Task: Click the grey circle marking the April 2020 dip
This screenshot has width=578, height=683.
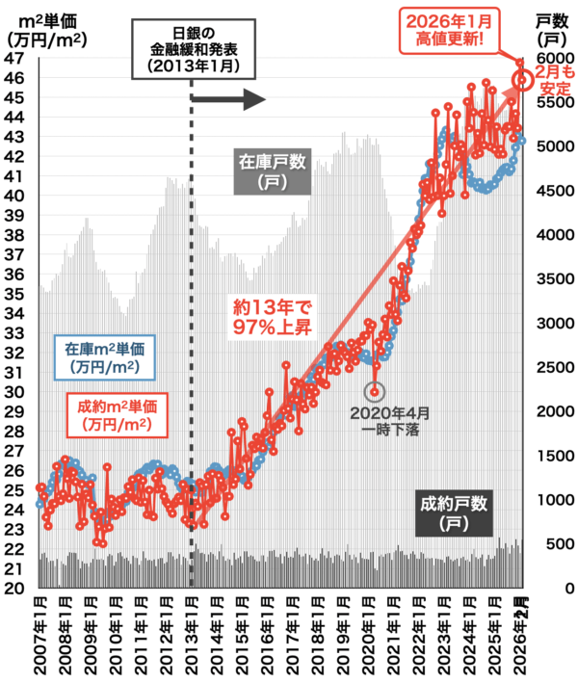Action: pyautogui.click(x=376, y=392)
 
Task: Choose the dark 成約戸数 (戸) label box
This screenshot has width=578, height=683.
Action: pyautogui.click(x=453, y=512)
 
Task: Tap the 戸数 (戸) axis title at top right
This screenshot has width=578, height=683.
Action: pyautogui.click(x=550, y=30)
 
